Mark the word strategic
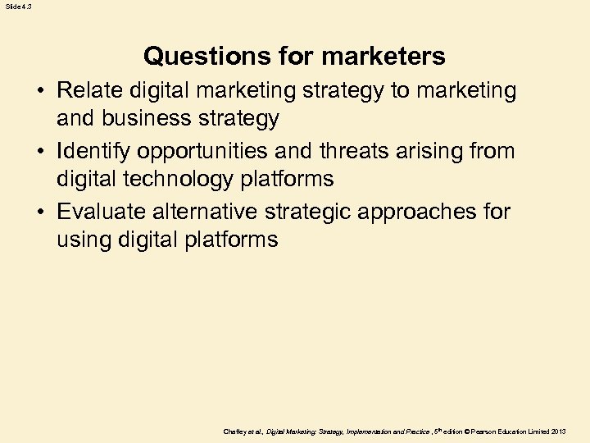(312, 212)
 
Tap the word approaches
(425, 212)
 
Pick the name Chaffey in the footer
(235, 431)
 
